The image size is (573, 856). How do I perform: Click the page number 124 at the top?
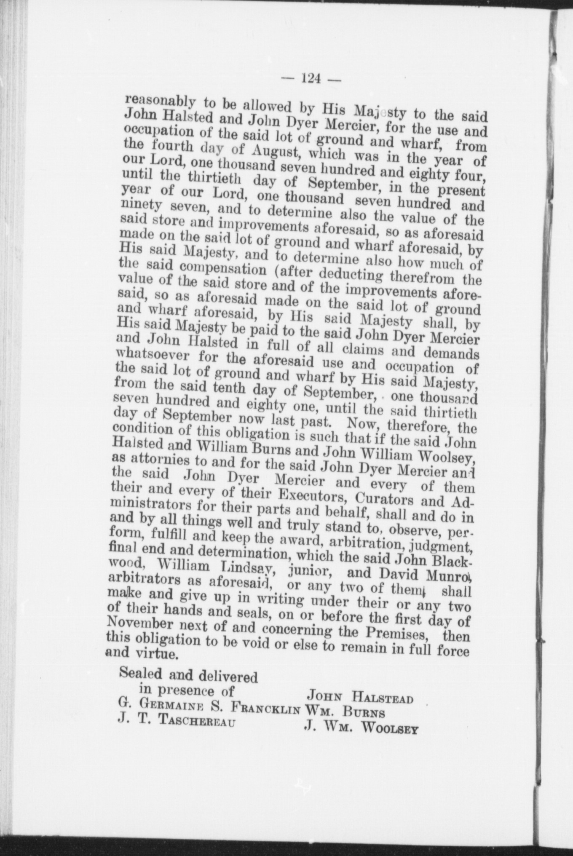click(x=311, y=79)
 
